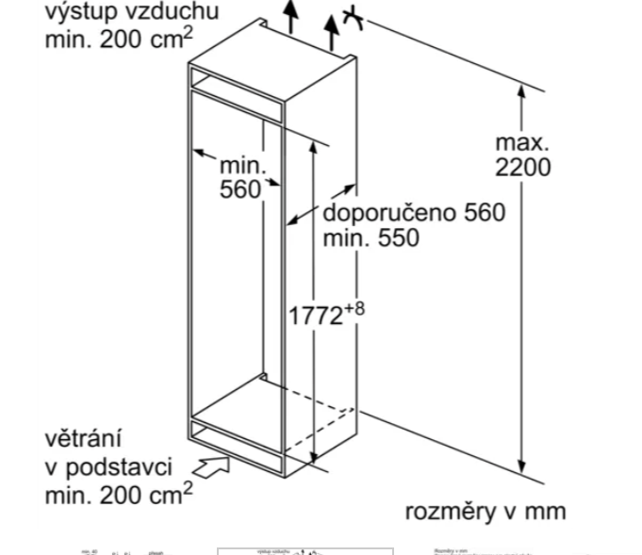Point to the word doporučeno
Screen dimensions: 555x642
coord(387,213)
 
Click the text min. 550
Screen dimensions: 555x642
coord(371,237)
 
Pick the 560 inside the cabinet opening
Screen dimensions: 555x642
coord(240,188)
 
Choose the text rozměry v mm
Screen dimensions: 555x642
coord(486,512)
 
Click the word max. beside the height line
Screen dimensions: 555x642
coord(522,143)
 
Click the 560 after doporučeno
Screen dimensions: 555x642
coord(484,213)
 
